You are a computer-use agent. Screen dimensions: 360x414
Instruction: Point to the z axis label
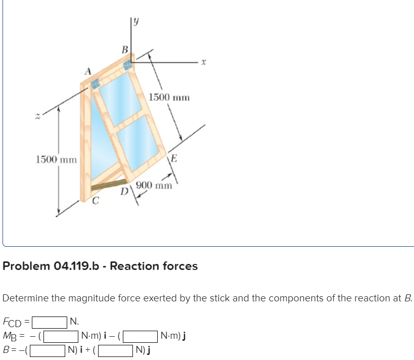click(x=36, y=117)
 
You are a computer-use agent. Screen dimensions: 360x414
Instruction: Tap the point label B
click(x=124, y=49)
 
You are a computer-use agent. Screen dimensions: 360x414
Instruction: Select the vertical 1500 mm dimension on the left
click(x=56, y=160)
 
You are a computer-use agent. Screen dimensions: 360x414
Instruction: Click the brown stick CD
click(x=109, y=185)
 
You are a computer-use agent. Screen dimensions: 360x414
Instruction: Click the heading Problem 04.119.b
click(x=100, y=265)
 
